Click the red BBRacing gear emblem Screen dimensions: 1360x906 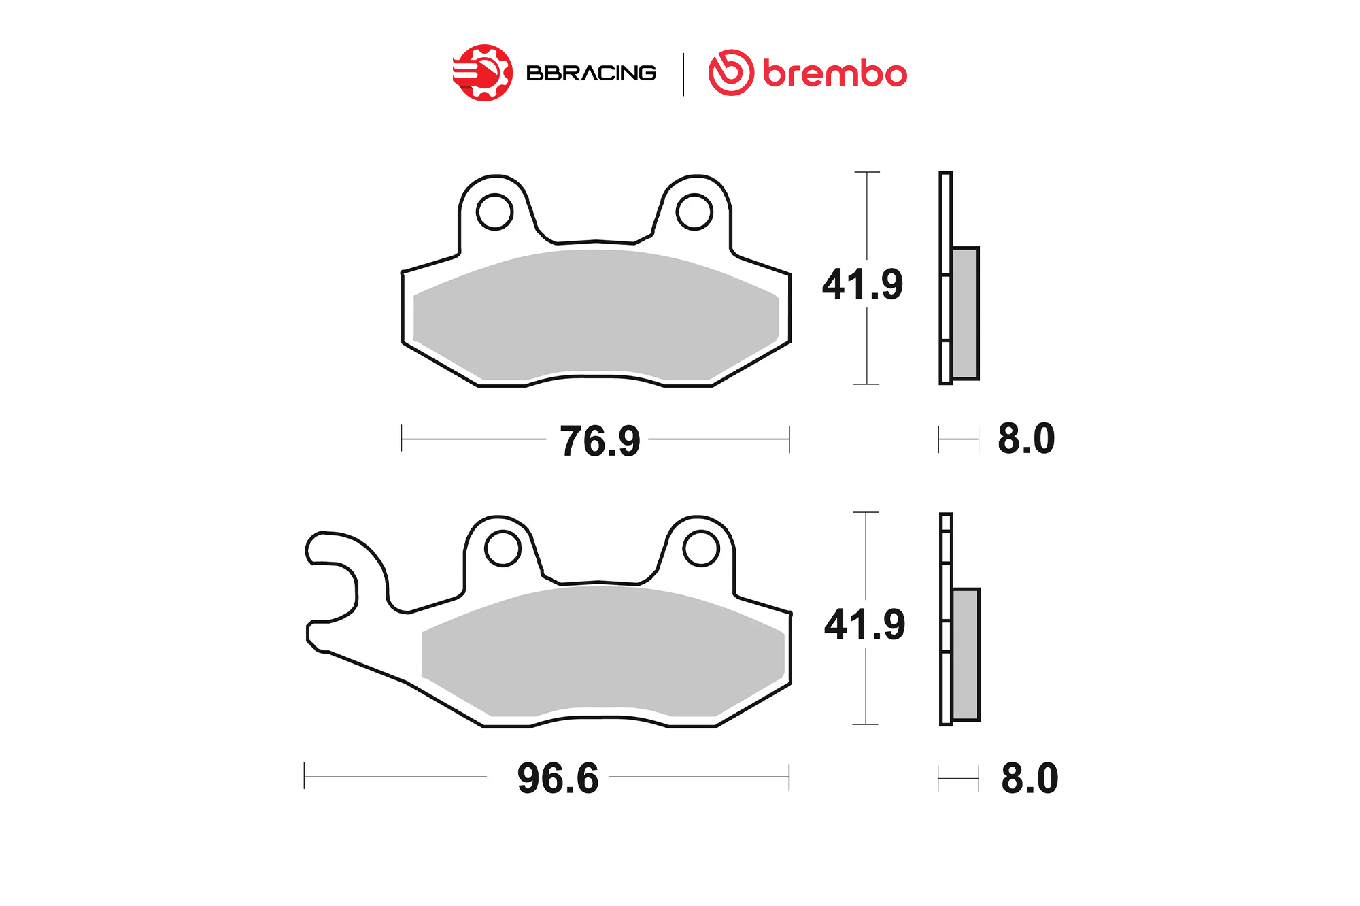483,73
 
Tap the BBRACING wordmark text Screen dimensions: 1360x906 591,73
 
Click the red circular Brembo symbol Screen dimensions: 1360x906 731,73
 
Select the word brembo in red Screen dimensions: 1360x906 835,73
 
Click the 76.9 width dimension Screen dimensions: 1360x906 600,441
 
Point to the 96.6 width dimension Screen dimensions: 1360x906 558,778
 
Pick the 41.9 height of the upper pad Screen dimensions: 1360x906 862,284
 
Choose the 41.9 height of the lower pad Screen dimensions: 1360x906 864,624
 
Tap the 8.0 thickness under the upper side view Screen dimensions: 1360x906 1026,439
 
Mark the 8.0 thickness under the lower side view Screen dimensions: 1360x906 1030,778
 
